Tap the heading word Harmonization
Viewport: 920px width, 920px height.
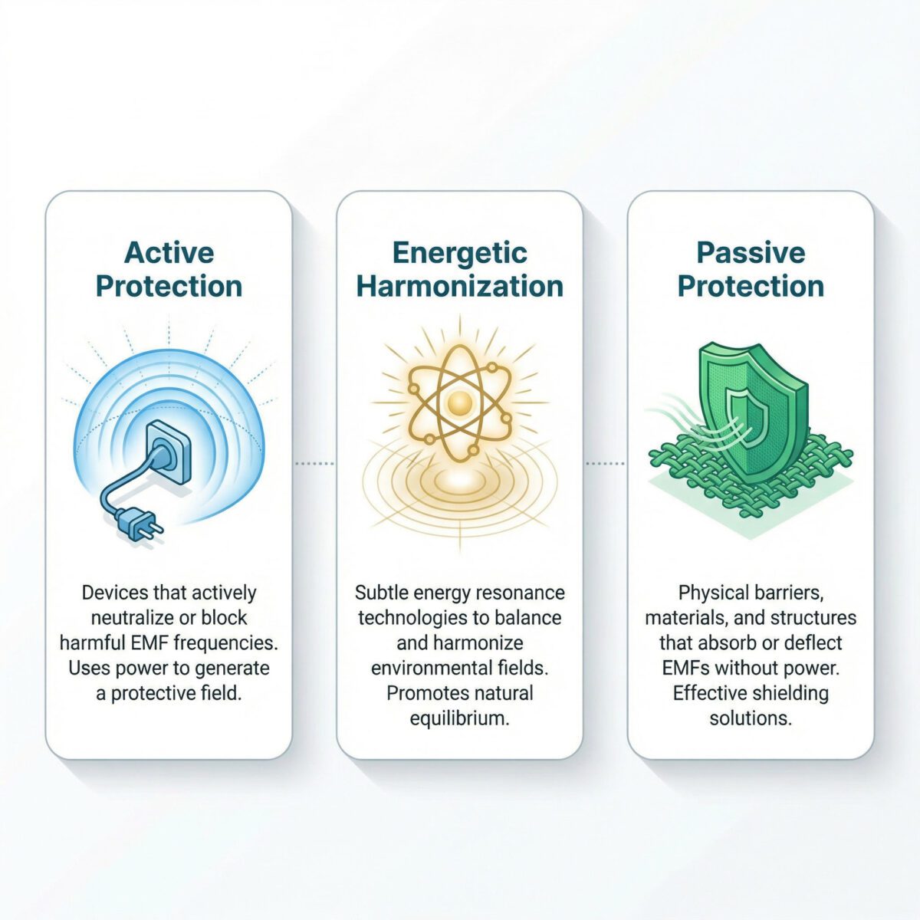(x=460, y=286)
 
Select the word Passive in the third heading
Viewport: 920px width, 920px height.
(x=751, y=252)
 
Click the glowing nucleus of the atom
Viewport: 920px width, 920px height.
(x=458, y=402)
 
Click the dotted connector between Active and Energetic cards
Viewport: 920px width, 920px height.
(x=314, y=463)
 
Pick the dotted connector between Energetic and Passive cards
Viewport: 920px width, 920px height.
(x=606, y=463)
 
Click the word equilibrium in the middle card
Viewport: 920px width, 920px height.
(x=459, y=718)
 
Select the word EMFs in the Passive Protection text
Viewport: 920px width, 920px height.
(x=688, y=668)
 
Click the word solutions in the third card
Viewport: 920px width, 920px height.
(x=751, y=718)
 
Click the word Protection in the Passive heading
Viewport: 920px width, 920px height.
(x=751, y=286)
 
